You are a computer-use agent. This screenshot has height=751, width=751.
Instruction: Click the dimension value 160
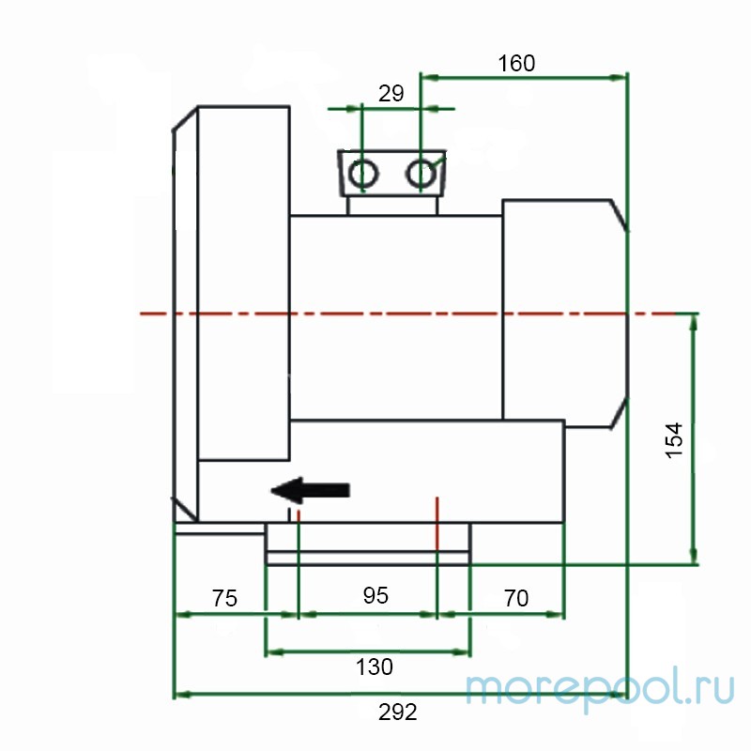click(x=516, y=63)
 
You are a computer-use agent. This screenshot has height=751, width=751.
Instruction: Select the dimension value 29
click(x=391, y=93)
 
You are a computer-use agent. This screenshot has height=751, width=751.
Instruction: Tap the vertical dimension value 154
click(x=674, y=440)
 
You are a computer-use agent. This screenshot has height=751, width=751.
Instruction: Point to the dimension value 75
click(x=224, y=598)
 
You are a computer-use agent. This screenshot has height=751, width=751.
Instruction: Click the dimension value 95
click(x=375, y=596)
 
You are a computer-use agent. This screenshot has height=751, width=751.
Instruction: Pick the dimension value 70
click(x=516, y=598)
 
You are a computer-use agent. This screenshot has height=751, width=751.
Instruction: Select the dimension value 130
click(x=375, y=667)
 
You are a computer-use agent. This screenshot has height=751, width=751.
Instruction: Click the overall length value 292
click(x=398, y=712)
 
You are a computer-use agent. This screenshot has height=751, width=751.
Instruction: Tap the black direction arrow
click(x=310, y=489)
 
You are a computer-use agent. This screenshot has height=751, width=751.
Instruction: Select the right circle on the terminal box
click(x=421, y=173)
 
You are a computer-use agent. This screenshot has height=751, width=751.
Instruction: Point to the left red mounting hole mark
click(x=298, y=514)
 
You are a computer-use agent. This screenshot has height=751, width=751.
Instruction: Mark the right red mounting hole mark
click(x=437, y=512)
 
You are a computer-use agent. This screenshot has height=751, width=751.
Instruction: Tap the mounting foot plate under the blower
click(x=368, y=545)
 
